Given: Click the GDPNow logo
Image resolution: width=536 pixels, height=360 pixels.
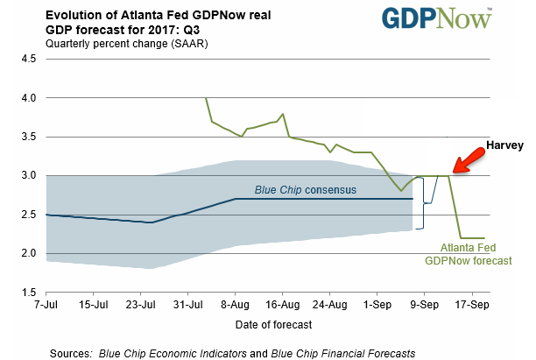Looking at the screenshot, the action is [436, 18].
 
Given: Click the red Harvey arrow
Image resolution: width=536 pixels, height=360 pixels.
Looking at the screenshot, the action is [469, 160].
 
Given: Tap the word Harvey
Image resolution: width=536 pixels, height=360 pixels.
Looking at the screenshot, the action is [504, 145].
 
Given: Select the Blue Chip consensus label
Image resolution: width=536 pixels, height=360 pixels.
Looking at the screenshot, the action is [306, 190].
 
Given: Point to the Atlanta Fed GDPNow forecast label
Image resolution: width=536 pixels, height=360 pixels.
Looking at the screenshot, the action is [469, 254].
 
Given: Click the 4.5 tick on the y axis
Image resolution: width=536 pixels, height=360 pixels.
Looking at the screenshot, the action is [28, 59].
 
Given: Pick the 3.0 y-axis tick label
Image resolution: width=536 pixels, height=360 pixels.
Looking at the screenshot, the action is [28, 175].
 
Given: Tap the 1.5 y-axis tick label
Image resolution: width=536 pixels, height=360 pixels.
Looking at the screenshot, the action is [28, 293].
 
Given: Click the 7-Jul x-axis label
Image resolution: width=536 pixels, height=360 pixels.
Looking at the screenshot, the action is [46, 304].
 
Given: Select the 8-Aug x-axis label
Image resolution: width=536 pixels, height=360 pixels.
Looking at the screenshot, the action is [235, 304].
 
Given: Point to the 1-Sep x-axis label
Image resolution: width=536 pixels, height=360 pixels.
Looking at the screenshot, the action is [377, 304].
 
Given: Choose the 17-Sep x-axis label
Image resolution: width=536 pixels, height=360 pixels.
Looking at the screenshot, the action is [472, 304].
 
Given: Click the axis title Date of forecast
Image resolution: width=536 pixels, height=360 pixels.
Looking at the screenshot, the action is [273, 324].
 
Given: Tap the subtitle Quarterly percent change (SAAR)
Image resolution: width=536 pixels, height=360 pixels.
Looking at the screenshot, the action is [126, 44].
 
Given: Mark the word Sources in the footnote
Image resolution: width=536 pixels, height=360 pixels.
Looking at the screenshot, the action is [71, 353].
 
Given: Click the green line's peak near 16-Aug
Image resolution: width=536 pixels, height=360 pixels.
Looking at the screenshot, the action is [283, 114].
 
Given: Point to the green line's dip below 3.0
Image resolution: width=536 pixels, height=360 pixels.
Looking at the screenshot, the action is [401, 191].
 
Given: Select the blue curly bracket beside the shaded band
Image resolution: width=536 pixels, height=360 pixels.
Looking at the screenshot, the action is [424, 203].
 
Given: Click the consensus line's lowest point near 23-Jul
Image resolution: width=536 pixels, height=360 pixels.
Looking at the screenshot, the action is [152, 222].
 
